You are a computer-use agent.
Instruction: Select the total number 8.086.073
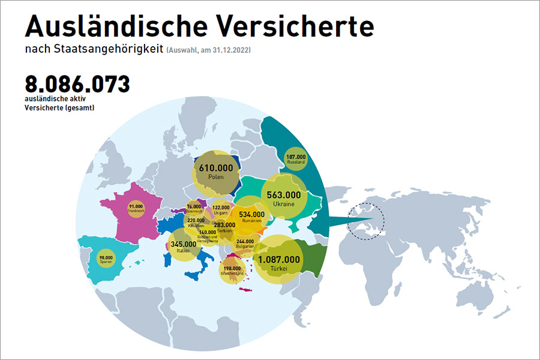point(77,83)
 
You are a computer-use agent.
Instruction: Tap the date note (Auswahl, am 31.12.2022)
point(208,50)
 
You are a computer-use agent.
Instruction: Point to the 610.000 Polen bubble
point(215,172)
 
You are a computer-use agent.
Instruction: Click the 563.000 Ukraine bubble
point(284,198)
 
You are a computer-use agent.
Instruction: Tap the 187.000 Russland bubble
point(296,159)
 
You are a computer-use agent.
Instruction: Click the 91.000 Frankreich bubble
point(136,209)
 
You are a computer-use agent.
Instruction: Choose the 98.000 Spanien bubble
point(106,259)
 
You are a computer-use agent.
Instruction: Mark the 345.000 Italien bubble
point(184,247)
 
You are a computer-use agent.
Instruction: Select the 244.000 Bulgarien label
point(244,242)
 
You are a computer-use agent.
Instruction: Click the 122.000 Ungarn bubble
point(221,209)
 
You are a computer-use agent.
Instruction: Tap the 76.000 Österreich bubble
point(194,209)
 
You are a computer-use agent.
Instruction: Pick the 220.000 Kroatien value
point(196,221)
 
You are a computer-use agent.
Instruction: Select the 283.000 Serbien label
point(225,226)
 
